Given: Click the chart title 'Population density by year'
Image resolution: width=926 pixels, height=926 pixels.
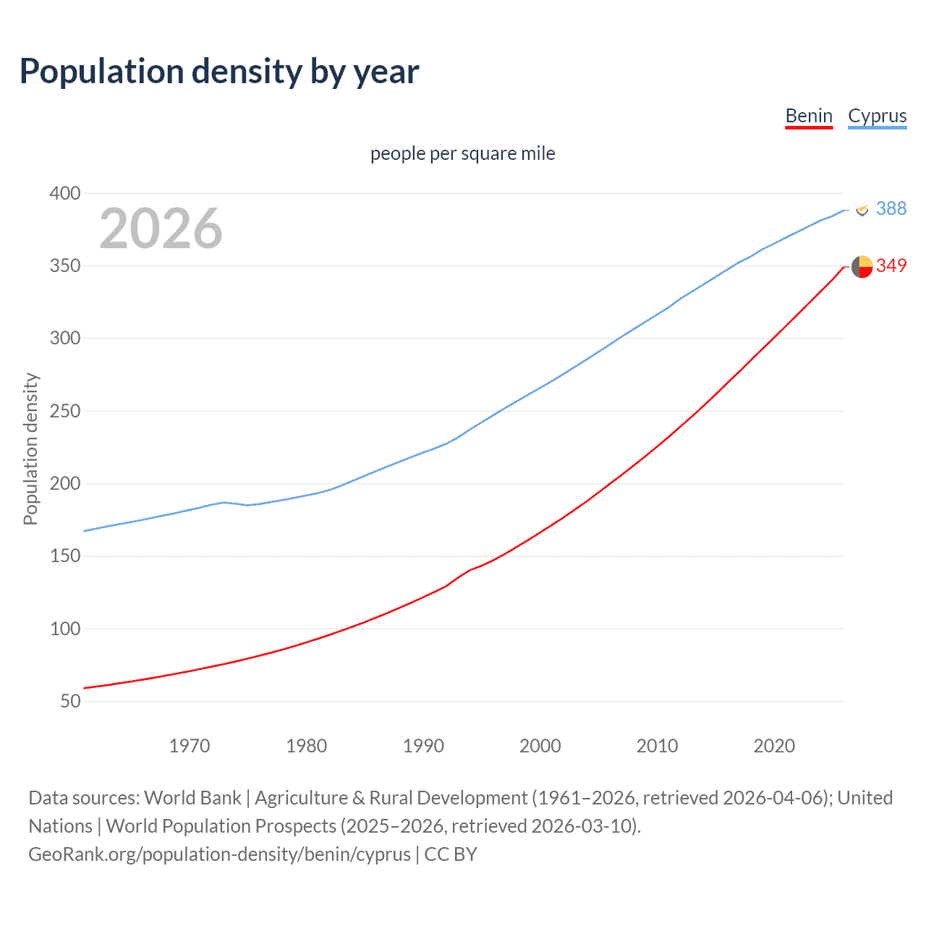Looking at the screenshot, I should coord(219,72).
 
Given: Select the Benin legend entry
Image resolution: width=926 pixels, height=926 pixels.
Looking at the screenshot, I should coord(809,116).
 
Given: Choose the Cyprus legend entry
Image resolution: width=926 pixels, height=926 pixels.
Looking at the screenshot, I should coord(877,116).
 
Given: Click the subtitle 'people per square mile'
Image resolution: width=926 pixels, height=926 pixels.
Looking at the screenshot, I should coord(462,153).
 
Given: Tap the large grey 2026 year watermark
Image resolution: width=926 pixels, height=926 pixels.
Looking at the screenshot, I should coord(161,229).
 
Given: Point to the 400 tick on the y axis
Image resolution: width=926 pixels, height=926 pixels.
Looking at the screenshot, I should coord(65,193).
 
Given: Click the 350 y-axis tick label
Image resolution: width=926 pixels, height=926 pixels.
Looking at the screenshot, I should coord(65,266).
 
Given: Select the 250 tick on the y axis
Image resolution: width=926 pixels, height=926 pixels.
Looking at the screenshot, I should coord(65,411).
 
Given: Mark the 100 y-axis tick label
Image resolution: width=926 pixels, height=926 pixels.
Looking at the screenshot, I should coord(65,629).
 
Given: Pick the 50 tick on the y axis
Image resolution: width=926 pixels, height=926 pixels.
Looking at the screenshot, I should coord(70,701).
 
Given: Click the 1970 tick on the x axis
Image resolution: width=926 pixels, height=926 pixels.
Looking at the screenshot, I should coord(190,746).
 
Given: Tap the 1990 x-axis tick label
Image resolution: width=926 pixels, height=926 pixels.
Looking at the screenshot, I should coord(423,746).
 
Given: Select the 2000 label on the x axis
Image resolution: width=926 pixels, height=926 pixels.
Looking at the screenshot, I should coord(540,746).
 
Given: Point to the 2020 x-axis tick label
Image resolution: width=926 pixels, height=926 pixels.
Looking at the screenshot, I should coord(774,746).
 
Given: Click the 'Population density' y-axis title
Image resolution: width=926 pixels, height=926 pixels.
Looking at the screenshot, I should coord(30,449).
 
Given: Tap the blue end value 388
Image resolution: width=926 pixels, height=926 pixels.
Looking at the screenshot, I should coord(891,208).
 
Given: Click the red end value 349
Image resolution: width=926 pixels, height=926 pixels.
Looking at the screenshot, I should coord(891,266).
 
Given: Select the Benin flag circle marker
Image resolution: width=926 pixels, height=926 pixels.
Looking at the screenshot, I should coord(862,266).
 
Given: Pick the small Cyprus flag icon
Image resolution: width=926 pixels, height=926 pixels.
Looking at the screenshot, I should coord(862,209).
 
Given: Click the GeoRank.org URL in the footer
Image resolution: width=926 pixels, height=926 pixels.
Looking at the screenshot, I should coord(219,854).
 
